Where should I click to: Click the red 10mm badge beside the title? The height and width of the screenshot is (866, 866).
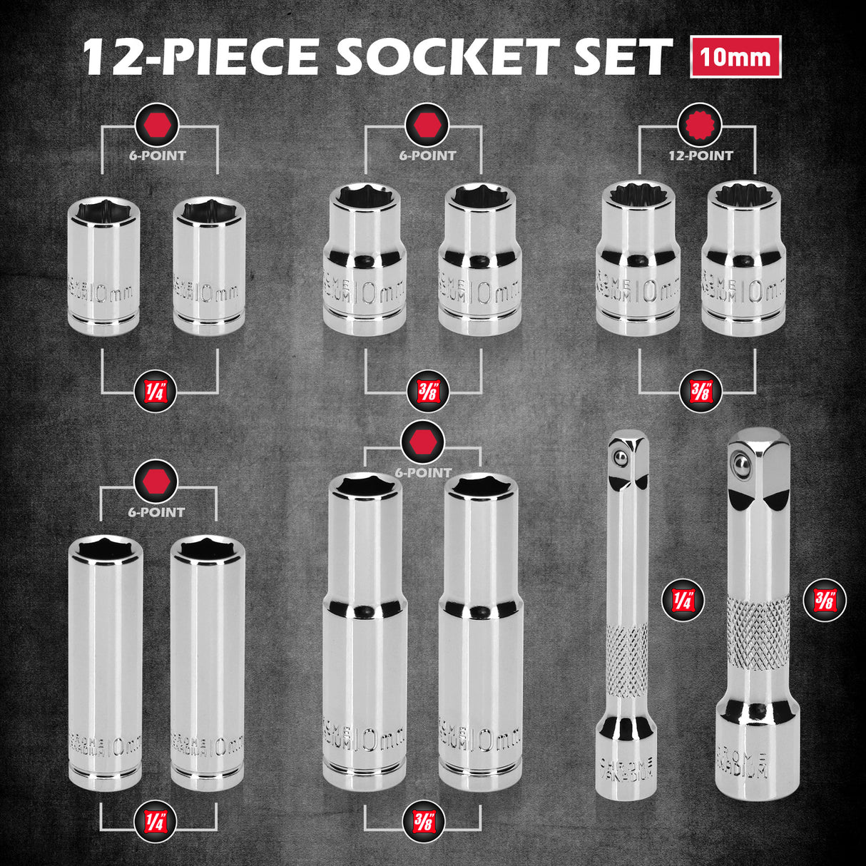click(x=735, y=56)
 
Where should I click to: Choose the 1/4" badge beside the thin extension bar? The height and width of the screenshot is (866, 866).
click(x=683, y=600)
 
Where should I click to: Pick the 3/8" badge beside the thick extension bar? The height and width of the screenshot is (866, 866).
click(x=825, y=600)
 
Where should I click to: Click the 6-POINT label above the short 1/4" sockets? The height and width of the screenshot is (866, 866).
click(x=158, y=156)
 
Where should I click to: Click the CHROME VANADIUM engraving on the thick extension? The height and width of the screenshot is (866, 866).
click(x=743, y=763)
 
